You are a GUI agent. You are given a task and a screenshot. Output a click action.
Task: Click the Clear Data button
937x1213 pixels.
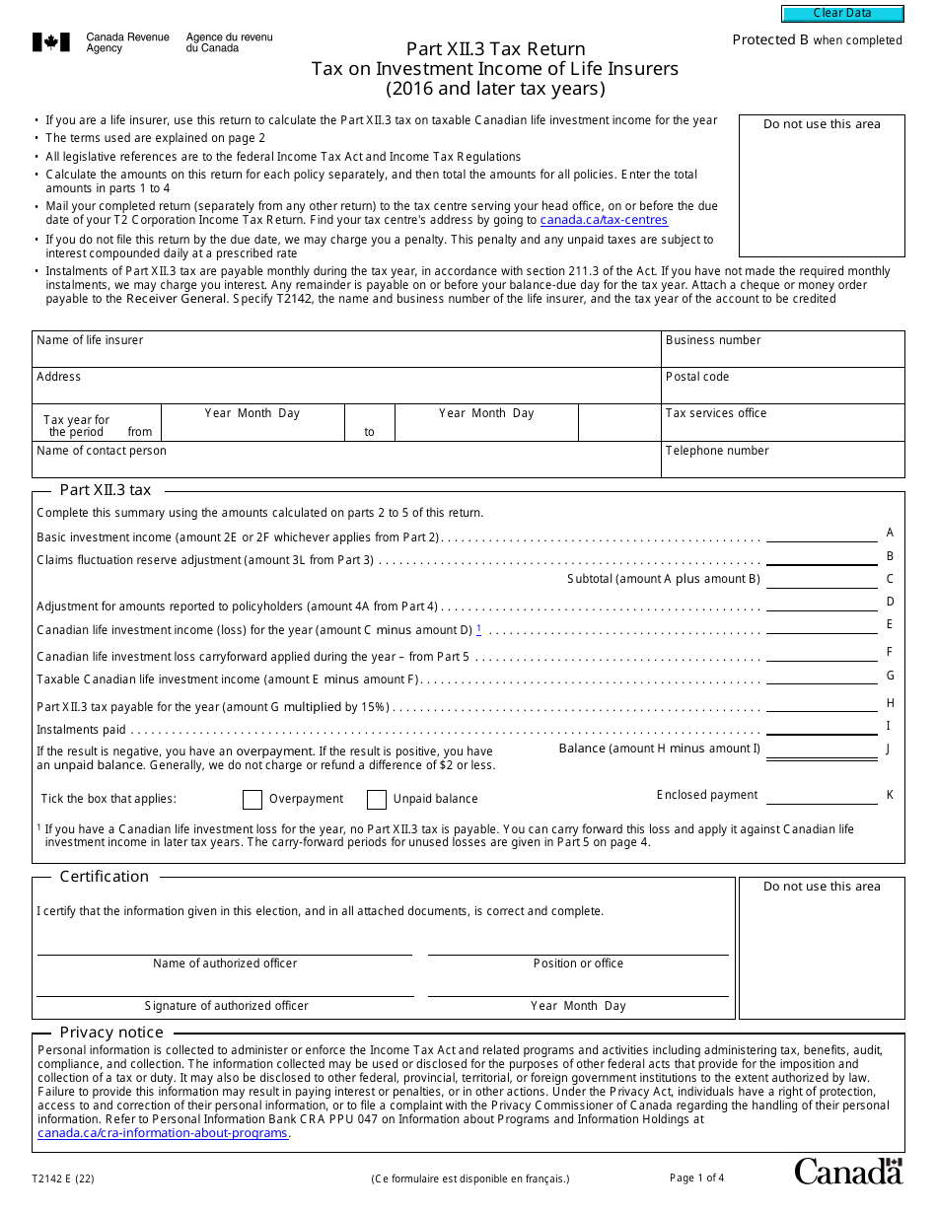coord(842,14)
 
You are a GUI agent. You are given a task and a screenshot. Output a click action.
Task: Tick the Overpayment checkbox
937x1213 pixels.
coord(252,799)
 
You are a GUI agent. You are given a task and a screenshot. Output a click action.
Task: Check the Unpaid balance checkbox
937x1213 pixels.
coord(376,799)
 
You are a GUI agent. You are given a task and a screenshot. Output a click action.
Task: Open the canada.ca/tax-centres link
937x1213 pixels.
coord(604,220)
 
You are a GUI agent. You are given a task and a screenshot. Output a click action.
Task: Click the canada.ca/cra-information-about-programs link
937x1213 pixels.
coord(163,1133)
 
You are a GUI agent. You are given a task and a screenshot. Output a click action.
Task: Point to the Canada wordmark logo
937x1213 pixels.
coord(848,1171)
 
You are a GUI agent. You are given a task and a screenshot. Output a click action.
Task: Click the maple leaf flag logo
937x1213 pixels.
coord(51,42)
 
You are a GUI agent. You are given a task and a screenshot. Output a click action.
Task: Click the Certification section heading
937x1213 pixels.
coord(105,877)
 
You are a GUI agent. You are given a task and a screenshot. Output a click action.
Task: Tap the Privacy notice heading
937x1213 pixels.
coord(111,1033)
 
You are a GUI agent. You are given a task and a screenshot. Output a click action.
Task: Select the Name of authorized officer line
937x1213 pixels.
coord(224,946)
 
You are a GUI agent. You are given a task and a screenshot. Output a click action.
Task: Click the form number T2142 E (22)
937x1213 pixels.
coord(63,1178)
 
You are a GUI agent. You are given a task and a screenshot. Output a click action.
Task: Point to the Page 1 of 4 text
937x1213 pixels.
coord(696,1177)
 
